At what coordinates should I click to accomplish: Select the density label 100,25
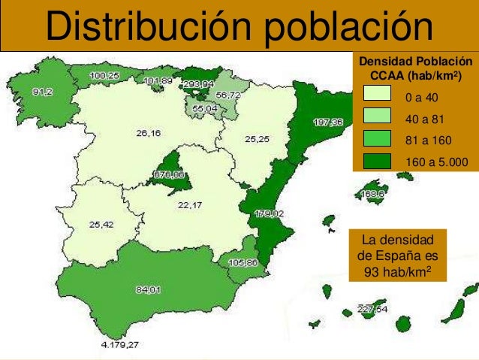tap(104, 76)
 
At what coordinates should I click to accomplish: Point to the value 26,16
tap(148, 134)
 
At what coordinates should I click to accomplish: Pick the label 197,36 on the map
tap(328, 122)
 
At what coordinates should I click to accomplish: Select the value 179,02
tap(269, 213)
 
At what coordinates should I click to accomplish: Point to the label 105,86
tap(243, 263)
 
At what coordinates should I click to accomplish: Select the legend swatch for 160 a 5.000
tap(377, 161)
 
